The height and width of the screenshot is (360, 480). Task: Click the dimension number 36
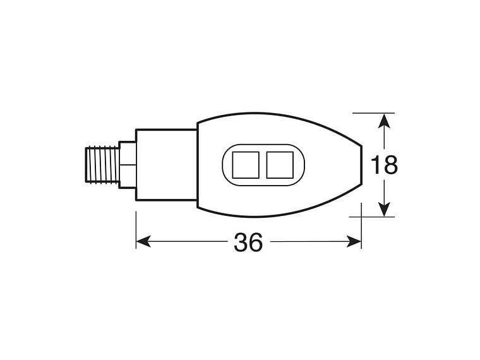[x=248, y=242]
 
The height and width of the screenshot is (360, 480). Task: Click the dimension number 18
[x=384, y=165]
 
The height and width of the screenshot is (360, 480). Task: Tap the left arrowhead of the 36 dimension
[x=143, y=242]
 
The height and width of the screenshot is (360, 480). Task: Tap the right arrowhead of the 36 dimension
[x=354, y=242]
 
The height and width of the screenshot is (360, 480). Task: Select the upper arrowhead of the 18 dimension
[x=383, y=119]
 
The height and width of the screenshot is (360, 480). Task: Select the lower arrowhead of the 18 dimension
[x=383, y=210]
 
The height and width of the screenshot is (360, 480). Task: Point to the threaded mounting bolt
[x=102, y=165]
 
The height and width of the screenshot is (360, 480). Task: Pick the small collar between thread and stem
[x=128, y=165]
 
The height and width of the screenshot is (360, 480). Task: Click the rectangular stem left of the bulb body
[x=165, y=165]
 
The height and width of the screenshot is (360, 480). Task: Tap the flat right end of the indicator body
[x=361, y=165]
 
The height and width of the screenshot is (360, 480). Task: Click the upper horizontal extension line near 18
[x=373, y=113]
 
